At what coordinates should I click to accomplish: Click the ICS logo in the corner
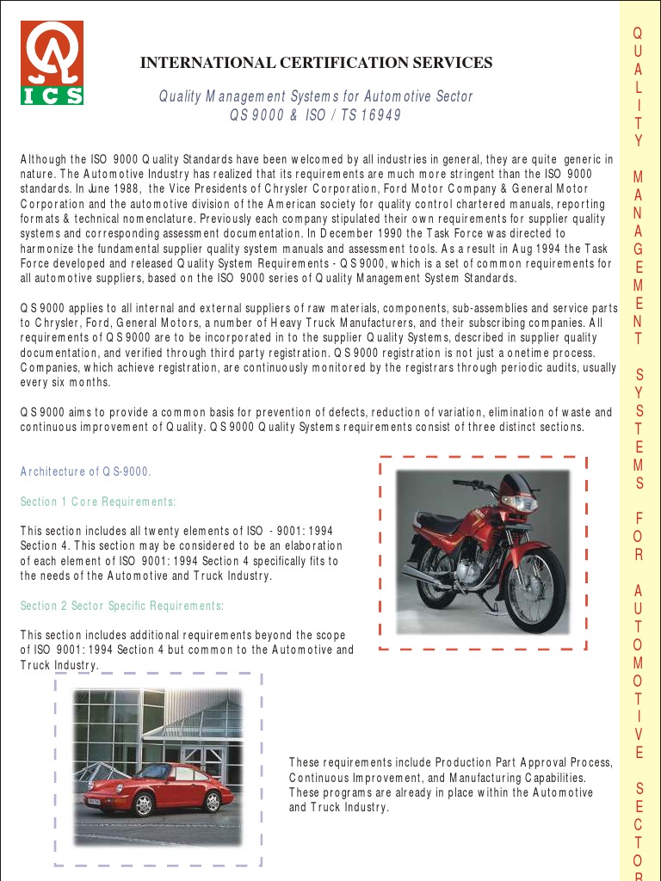53,63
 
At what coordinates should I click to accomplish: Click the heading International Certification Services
317,63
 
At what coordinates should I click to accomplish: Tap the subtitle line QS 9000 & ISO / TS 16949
315,115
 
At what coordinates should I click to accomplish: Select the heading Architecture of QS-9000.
86,471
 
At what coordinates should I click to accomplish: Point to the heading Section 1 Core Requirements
99,502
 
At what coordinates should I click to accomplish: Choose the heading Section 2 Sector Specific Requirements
122,607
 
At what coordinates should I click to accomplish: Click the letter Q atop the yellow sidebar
638,34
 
